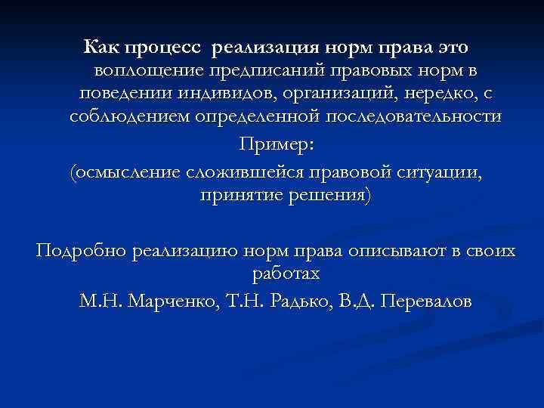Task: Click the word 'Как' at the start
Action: tap(100, 48)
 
